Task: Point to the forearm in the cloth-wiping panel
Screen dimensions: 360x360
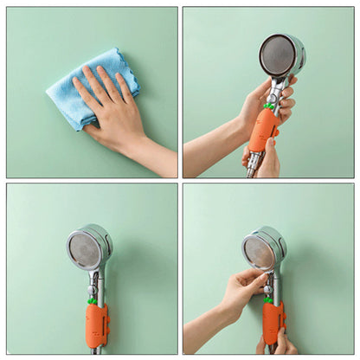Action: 156,156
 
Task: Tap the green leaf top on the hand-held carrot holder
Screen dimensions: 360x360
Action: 269,107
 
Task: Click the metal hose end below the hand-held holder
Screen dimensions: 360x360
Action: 253,168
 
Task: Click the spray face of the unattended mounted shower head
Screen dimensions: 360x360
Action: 86,248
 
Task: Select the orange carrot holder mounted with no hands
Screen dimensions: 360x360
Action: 96,325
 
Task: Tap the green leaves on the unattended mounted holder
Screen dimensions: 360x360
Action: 92,301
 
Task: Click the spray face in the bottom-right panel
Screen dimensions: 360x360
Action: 259,251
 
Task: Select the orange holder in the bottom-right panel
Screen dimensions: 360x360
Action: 273,321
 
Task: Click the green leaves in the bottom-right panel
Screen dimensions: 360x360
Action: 269,299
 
